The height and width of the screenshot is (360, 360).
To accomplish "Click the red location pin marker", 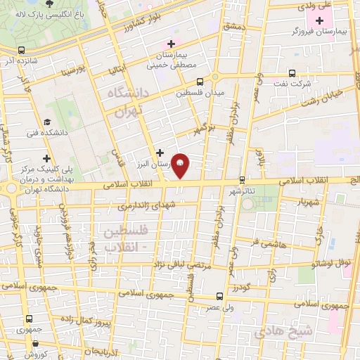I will pos(181,165).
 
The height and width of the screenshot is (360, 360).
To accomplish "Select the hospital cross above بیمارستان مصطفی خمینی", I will pos(172,44).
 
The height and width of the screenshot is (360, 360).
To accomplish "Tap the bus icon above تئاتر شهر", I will pos(243,179).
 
